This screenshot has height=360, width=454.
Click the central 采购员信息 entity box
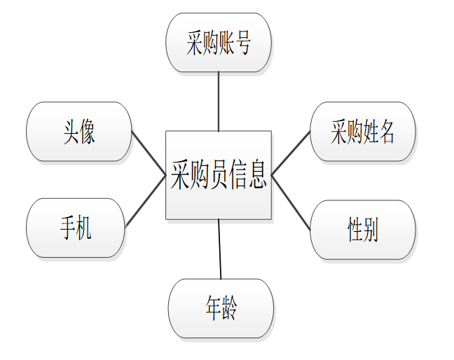218,174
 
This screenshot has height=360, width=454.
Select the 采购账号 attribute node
218,42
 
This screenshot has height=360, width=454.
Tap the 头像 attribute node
78,132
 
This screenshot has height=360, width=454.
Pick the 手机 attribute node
76,228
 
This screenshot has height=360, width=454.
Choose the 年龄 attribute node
221,309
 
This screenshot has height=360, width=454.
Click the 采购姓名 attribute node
362,132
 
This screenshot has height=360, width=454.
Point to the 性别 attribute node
362,230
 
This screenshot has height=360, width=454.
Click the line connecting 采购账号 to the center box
219,101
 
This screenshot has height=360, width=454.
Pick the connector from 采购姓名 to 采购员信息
291,153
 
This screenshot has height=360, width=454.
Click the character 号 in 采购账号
242,43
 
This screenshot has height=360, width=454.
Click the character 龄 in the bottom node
229,309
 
